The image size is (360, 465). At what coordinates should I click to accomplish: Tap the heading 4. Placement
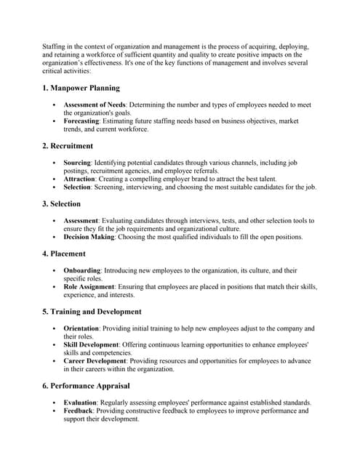(x=63, y=254)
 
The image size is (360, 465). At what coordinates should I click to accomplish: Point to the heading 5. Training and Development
(x=92, y=312)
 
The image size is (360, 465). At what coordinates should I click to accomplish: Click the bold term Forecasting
(x=81, y=121)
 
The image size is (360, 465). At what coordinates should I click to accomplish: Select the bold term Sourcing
(x=77, y=163)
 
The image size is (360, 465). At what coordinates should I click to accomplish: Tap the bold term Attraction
(x=79, y=179)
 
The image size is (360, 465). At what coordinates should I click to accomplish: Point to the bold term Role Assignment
(x=89, y=287)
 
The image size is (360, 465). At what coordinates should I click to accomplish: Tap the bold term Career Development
(x=95, y=361)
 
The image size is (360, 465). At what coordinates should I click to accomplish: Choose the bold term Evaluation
(x=80, y=403)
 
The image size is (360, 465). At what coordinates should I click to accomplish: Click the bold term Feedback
(x=79, y=411)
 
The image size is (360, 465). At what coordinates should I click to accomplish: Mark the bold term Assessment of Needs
(x=95, y=105)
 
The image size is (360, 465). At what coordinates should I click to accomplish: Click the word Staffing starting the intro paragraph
(x=55, y=46)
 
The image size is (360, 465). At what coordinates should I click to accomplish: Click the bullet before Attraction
(x=55, y=179)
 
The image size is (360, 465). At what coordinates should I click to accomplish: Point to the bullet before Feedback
(x=55, y=411)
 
